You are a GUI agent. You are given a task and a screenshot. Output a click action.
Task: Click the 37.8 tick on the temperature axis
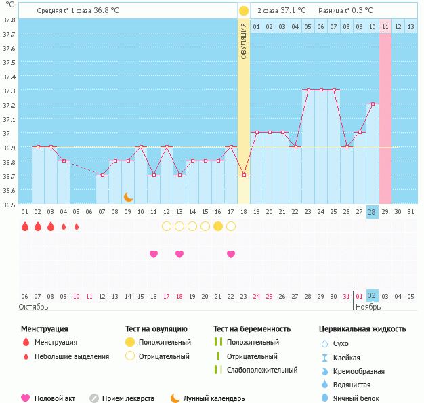(9, 19)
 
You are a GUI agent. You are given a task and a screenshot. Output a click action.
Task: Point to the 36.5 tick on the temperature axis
(9, 204)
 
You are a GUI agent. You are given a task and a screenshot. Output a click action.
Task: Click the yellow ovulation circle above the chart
(244, 11)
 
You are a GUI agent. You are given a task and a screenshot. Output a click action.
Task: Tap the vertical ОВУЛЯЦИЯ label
(244, 41)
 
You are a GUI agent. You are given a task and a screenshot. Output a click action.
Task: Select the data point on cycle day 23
(308, 89)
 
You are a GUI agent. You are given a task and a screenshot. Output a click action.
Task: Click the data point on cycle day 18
(244, 175)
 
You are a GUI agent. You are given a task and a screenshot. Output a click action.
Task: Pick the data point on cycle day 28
(372, 104)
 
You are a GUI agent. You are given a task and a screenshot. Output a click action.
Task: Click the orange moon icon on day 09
(128, 197)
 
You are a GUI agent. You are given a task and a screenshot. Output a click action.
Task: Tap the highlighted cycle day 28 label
(372, 211)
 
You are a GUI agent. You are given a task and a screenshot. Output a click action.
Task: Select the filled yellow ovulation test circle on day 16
(218, 226)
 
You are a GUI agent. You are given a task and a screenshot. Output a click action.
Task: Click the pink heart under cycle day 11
(154, 254)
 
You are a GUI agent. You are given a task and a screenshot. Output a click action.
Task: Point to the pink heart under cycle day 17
(231, 254)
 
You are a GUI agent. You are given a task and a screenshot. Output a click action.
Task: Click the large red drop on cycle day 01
(25, 226)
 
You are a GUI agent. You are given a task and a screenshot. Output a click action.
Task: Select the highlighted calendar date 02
(372, 296)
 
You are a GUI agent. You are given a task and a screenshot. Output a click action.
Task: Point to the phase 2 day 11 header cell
(385, 26)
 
